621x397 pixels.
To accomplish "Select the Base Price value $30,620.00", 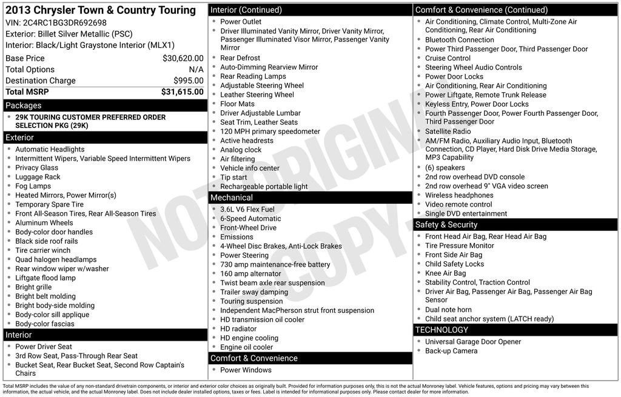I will point(183,58).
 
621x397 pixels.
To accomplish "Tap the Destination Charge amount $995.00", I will point(188,81).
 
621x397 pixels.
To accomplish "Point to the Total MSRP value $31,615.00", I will point(182,92).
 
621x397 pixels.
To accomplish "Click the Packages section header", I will point(24,105).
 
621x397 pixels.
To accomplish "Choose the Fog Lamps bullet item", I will point(33,186).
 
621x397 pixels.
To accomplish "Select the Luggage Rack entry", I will point(38,177).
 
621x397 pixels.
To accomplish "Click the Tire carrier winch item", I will point(42,250).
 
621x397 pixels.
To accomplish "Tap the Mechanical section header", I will point(231,198).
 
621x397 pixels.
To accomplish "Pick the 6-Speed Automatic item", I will point(250,219).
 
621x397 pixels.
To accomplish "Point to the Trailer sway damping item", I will point(254,292).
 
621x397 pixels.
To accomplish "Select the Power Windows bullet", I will point(246,370).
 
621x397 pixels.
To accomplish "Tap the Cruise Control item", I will point(448,58).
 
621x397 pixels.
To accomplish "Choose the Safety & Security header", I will point(446,225).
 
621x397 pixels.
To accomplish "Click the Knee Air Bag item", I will point(445,273).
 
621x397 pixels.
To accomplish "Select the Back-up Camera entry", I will point(451,351).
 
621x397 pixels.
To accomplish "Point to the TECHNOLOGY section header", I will point(450,330).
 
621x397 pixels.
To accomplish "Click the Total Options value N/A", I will point(196,70).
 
